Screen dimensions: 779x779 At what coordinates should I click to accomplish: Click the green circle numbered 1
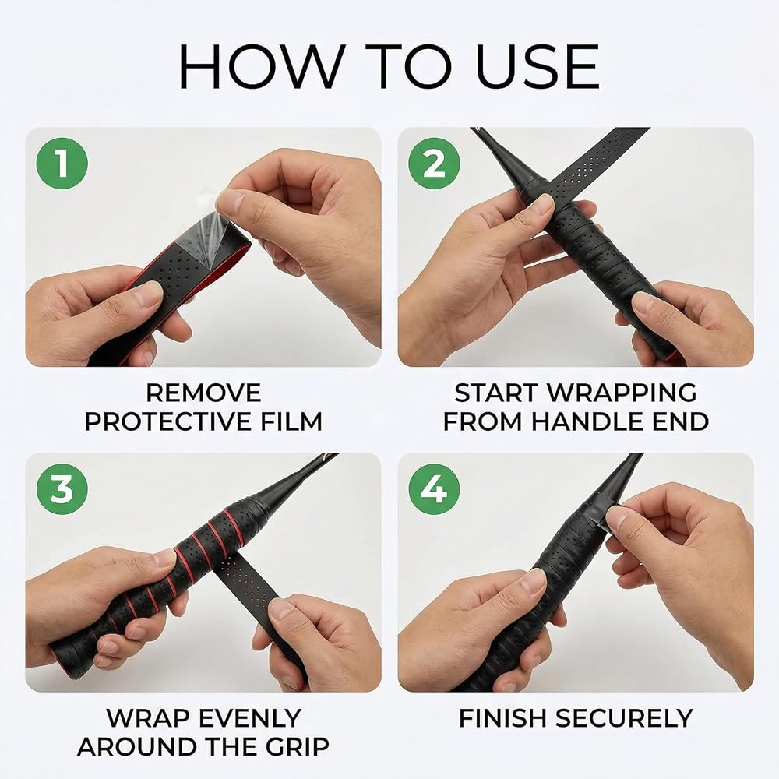(62, 164)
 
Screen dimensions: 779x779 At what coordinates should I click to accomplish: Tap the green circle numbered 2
(434, 164)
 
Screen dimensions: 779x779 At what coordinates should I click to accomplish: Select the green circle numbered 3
(62, 489)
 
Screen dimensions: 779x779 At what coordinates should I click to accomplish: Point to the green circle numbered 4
(434, 489)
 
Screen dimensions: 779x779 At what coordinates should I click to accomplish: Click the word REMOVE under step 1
(203, 393)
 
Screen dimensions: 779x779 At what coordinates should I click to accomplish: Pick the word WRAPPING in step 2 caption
(622, 393)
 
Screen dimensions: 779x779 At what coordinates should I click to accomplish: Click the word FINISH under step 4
(502, 718)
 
